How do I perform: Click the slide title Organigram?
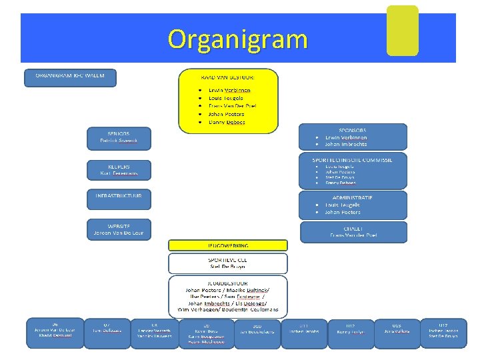pyautogui.click(x=237, y=39)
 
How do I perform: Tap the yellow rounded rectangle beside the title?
pyautogui.click(x=402, y=31)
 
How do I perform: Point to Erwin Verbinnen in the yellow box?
pyautogui.click(x=229, y=89)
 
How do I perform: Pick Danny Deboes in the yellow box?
pyautogui.click(x=227, y=122)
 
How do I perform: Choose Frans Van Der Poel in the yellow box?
pyautogui.click(x=232, y=106)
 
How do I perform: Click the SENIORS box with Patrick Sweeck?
pyautogui.click(x=119, y=137)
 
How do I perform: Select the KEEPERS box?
pyautogui.click(x=119, y=169)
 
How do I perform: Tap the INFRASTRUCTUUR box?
pyautogui.click(x=119, y=199)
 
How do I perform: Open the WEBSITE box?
pyautogui.click(x=119, y=229)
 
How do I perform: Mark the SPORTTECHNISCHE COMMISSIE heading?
pyautogui.click(x=353, y=160)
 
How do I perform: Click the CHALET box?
pyautogui.click(x=353, y=231)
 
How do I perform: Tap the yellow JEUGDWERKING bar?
pyautogui.click(x=228, y=245)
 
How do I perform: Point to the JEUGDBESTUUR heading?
pyautogui.click(x=228, y=283)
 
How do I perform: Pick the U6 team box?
pyautogui.click(x=55, y=332)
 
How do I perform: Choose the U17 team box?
pyautogui.click(x=443, y=332)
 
